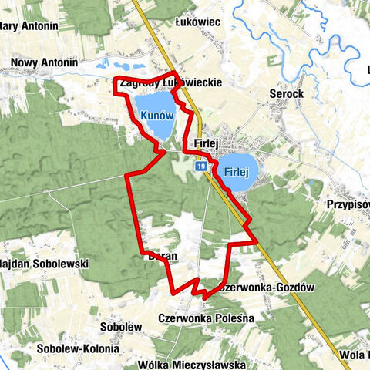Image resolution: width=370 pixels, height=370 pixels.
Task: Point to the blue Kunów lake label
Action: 158,115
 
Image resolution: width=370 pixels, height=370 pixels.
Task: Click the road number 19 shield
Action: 200,166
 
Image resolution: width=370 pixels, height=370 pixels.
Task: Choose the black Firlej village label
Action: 208,143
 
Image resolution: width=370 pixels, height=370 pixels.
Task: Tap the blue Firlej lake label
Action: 240,172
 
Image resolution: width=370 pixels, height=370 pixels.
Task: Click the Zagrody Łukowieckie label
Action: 172,82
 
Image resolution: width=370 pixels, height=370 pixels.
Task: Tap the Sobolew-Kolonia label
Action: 77,348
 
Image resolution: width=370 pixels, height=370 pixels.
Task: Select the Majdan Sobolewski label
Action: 44,264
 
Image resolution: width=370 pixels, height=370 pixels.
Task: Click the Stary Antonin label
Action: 29,26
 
